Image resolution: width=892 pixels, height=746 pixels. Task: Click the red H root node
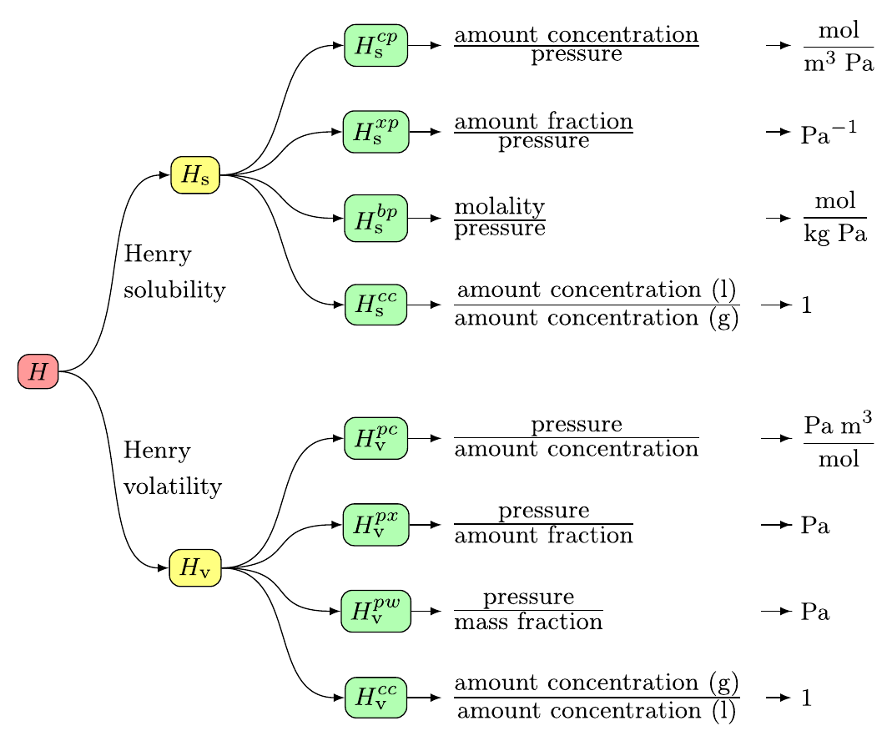[x=38, y=371]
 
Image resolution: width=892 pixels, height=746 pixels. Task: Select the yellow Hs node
[x=194, y=175]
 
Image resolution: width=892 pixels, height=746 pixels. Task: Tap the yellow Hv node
[x=194, y=568]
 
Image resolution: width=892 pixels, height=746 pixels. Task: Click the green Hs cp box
[x=375, y=45]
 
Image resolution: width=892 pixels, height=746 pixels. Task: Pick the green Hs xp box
[x=375, y=132]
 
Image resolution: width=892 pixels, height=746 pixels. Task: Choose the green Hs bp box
[x=375, y=219]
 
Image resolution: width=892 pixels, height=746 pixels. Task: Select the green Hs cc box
[x=375, y=305]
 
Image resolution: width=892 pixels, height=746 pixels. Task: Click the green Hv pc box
[x=375, y=437]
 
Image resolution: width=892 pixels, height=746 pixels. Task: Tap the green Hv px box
[x=375, y=525]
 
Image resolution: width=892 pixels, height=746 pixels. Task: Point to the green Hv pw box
[x=375, y=611]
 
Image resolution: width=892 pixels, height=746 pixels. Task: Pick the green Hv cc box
[x=375, y=698]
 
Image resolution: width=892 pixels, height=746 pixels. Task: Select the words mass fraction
[x=527, y=623]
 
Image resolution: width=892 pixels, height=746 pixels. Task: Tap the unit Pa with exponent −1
[x=829, y=134]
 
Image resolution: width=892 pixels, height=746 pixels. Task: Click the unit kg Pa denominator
[x=835, y=234]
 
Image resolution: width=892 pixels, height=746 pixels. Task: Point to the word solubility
[x=174, y=290]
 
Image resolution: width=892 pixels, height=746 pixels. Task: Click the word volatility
[x=173, y=486]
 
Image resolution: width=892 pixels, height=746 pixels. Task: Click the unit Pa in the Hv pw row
[x=815, y=612]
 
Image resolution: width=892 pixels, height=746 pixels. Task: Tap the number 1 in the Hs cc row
[x=806, y=305]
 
